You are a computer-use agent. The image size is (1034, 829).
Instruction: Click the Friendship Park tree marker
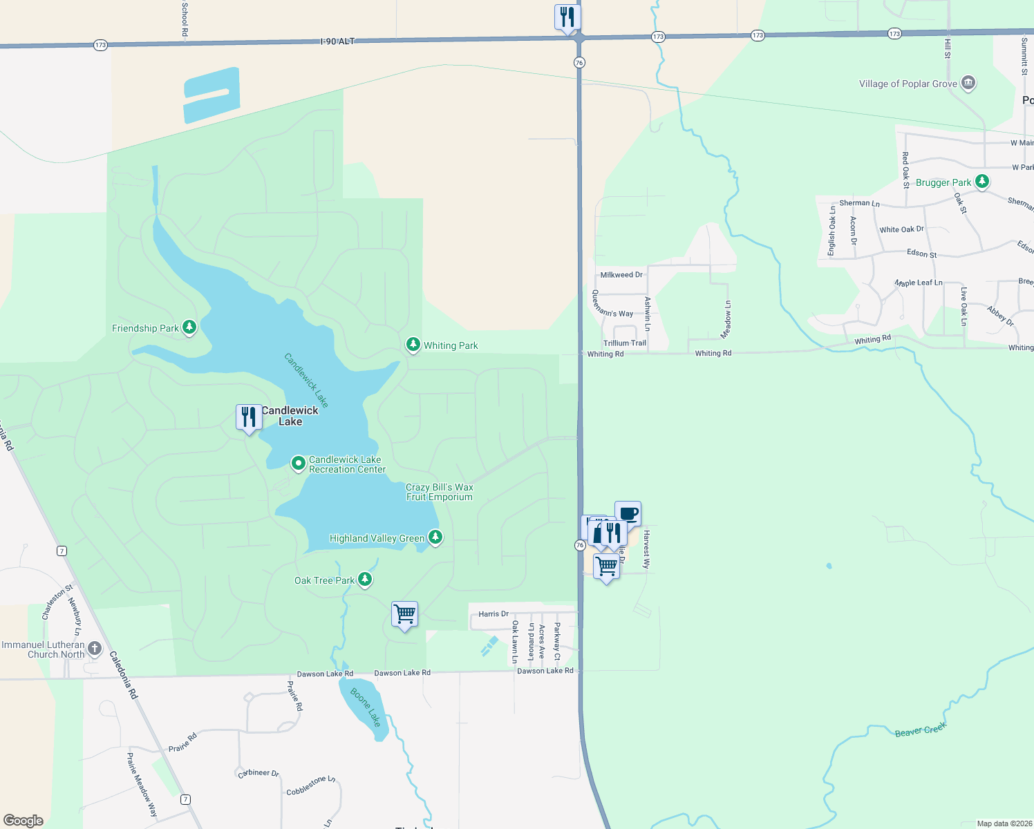click(x=189, y=327)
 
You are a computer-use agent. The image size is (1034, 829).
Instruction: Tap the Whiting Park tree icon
click(x=413, y=344)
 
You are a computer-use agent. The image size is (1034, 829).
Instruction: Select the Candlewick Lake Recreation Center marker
click(x=299, y=463)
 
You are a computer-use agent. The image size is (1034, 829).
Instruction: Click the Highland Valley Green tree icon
click(x=435, y=537)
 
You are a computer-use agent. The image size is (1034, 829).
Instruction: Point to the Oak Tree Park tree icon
click(x=365, y=579)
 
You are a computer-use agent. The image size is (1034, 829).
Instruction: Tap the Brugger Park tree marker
click(x=981, y=182)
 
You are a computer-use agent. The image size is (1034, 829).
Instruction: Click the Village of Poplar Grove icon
click(x=968, y=84)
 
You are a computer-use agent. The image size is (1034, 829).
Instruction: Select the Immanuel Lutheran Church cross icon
click(x=95, y=649)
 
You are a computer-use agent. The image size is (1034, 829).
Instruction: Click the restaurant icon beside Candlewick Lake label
click(x=249, y=417)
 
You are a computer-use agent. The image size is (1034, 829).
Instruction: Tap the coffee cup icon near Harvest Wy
click(x=628, y=513)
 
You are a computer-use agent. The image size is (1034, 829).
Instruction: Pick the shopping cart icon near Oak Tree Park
click(x=404, y=613)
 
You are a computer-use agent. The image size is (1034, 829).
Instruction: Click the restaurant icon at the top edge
click(x=567, y=17)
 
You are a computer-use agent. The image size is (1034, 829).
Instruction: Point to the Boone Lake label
click(x=366, y=707)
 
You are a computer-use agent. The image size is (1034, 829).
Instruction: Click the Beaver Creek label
click(x=920, y=730)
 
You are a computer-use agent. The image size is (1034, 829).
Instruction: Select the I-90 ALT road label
click(x=337, y=41)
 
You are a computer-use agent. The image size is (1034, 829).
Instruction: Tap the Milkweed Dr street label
click(x=621, y=275)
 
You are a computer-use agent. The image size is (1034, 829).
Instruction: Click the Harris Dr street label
click(x=493, y=613)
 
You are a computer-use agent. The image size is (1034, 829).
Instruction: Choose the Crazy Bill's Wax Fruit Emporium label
click(x=440, y=492)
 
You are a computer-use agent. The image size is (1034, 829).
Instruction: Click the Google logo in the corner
click(x=23, y=821)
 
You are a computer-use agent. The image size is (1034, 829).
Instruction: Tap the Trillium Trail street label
click(x=625, y=343)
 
